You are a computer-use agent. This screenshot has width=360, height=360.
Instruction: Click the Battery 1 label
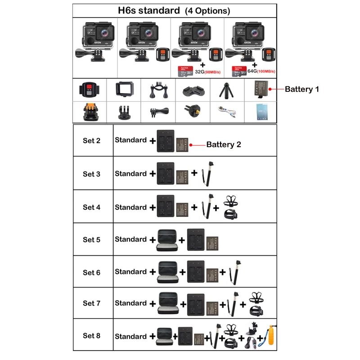(x=302, y=89)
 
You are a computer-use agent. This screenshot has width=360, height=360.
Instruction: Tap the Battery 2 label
(x=224, y=144)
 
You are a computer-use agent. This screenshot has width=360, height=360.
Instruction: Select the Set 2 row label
(x=91, y=140)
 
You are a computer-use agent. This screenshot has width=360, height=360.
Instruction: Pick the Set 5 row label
(x=91, y=240)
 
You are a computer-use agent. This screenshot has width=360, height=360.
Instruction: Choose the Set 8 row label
(x=91, y=336)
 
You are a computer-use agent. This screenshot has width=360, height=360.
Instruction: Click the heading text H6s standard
(x=148, y=10)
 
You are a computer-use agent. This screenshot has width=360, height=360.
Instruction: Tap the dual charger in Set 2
(x=165, y=141)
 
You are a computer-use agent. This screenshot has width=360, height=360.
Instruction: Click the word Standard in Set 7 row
(x=130, y=303)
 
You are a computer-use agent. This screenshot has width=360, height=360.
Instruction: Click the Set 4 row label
(x=91, y=207)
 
